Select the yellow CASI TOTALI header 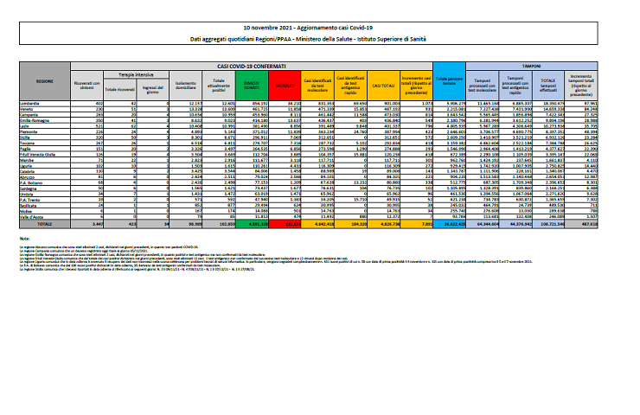381,85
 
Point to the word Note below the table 36,235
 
